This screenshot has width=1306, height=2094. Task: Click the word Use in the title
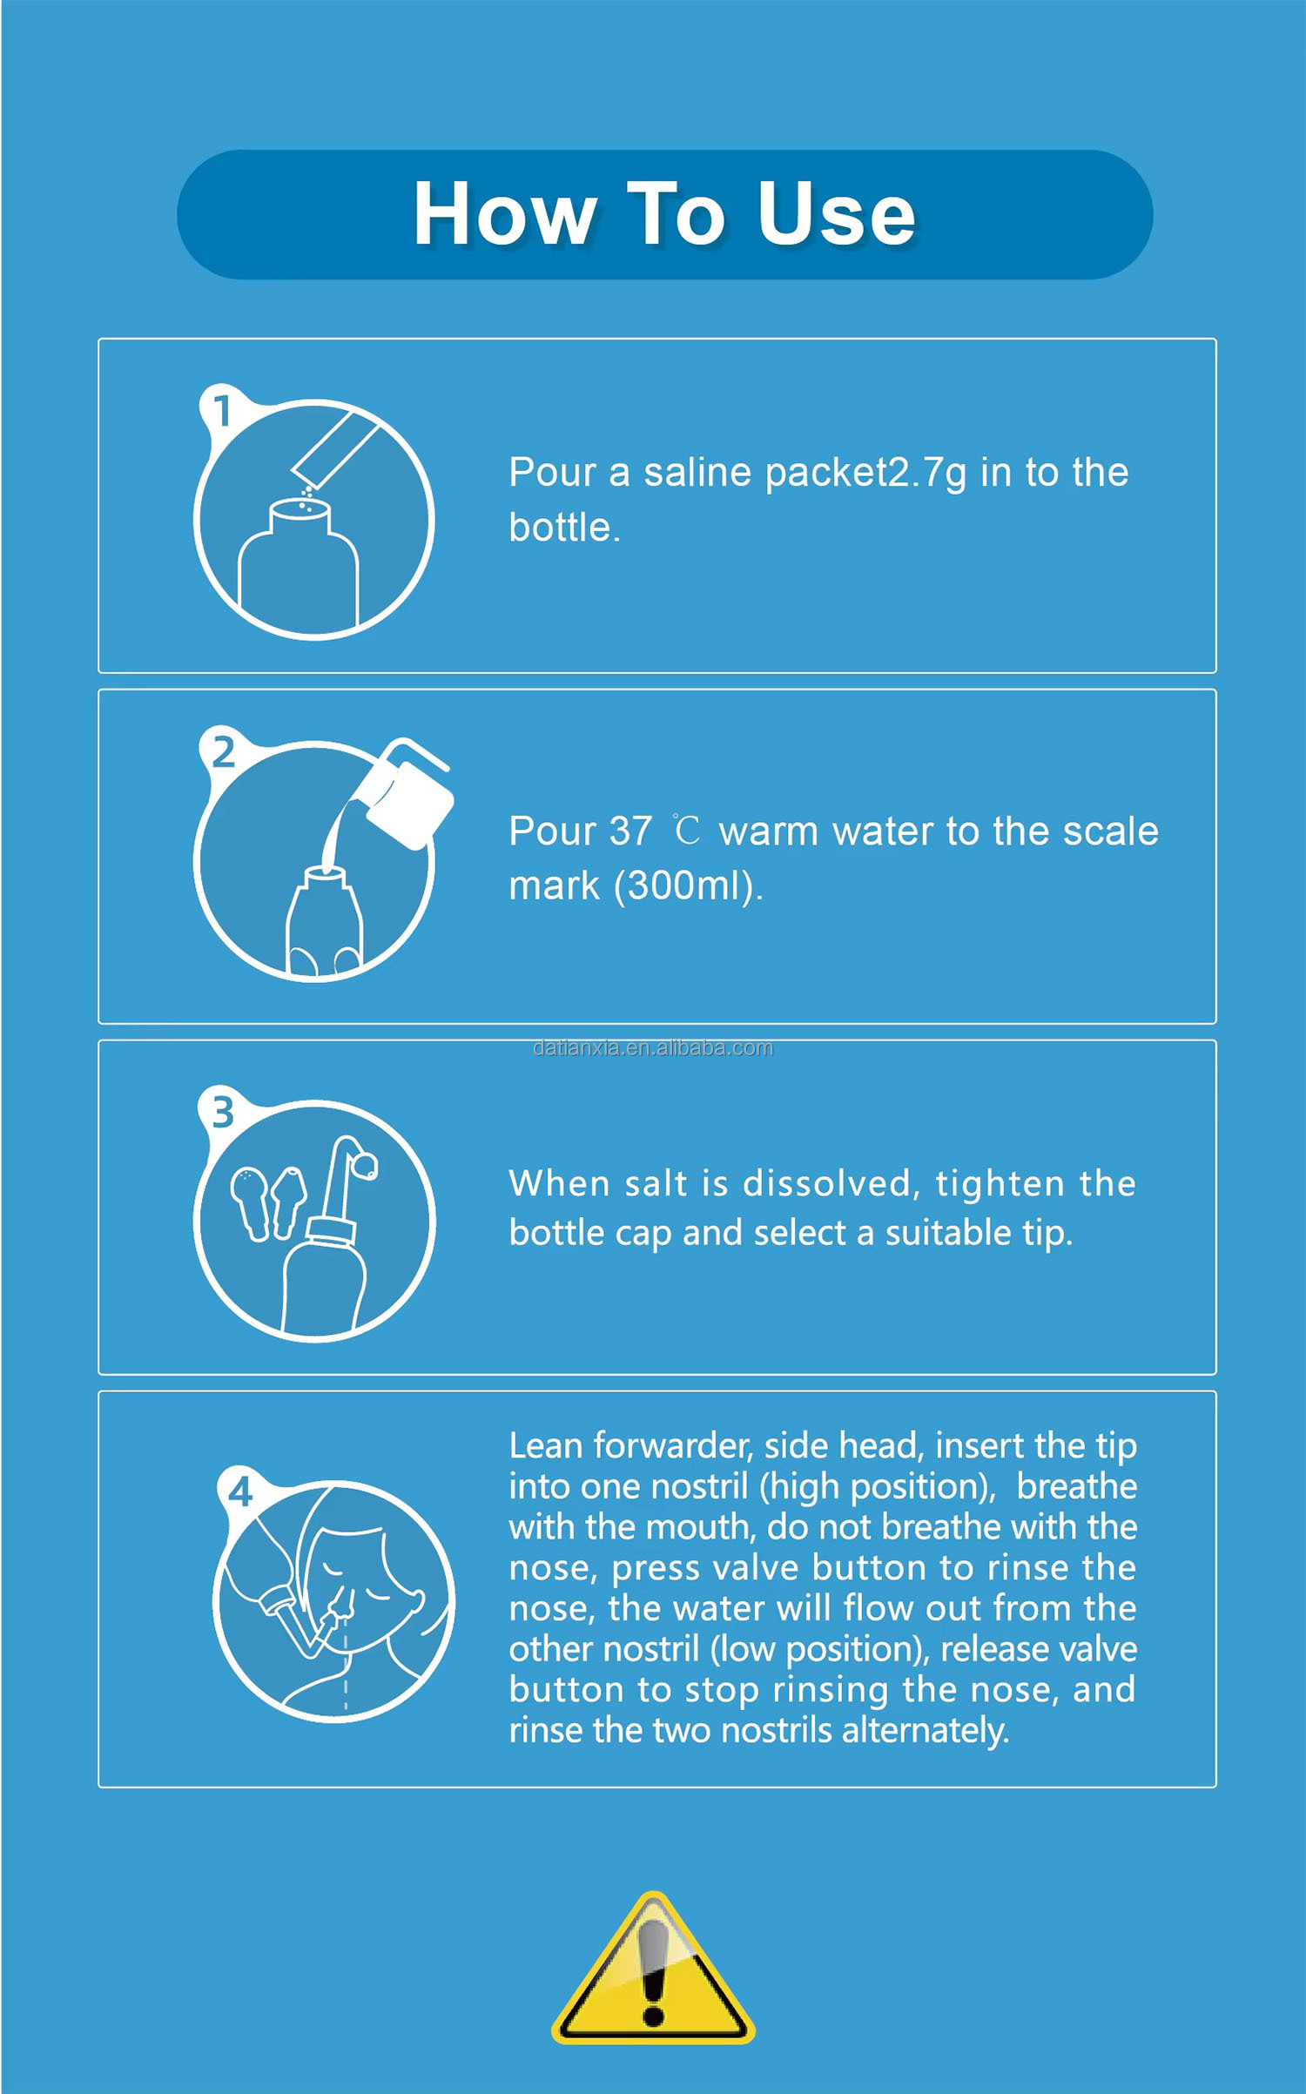(837, 214)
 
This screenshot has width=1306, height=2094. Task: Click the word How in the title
(505, 214)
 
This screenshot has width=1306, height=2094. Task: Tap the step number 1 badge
(223, 410)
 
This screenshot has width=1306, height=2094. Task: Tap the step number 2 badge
(223, 751)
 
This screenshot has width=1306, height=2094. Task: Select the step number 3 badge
(223, 1112)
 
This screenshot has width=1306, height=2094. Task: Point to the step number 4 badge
(240, 1492)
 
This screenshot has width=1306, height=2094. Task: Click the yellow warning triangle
(653, 1969)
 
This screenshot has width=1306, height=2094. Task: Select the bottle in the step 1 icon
(299, 566)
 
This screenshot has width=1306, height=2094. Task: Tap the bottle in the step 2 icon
(324, 923)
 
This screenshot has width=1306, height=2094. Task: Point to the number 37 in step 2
(630, 832)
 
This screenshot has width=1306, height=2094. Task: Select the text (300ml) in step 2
(688, 886)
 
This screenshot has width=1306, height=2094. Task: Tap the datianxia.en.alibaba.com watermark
(653, 1047)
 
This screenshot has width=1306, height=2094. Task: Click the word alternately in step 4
(926, 1731)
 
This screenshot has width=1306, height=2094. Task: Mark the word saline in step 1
(697, 473)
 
